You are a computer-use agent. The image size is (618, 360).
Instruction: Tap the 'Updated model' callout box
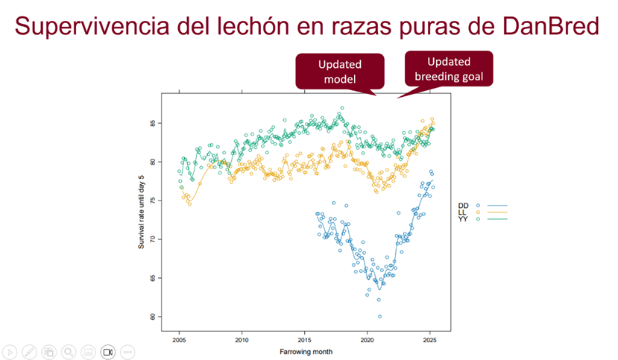[339, 72]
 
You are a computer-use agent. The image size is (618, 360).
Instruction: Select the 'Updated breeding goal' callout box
[449, 69]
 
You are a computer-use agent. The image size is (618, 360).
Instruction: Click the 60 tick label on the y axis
[154, 317]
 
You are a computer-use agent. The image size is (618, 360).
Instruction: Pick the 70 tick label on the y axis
[154, 239]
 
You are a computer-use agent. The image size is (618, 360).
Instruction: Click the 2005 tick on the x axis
[179, 340]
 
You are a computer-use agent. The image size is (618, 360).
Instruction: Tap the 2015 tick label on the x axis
[304, 340]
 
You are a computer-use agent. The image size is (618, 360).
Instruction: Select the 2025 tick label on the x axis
[429, 340]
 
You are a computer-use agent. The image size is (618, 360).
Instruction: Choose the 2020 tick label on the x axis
[367, 340]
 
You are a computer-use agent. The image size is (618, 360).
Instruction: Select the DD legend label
[463, 205]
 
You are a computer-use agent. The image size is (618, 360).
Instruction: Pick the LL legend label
[463, 212]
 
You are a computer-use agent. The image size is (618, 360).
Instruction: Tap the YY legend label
[463, 218]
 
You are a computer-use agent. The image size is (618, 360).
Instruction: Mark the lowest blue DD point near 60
[379, 317]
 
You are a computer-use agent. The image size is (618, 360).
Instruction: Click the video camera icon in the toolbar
[107, 351]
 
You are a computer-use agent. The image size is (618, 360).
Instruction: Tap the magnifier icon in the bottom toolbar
[69, 351]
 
